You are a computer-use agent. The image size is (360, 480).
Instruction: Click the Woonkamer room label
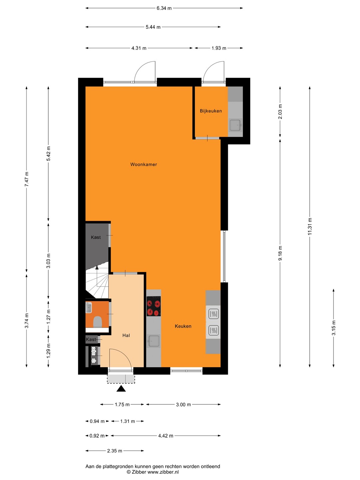pos(144,164)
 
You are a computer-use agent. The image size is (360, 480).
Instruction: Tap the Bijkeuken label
pos(211,111)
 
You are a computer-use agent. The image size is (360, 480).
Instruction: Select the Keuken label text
pos(183,326)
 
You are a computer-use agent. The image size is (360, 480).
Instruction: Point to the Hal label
pos(126,335)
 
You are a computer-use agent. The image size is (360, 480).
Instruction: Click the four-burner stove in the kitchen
pos(153,306)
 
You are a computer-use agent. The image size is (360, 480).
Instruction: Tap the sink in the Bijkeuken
pos(235,125)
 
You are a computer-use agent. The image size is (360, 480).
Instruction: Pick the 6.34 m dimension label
pos(164,8)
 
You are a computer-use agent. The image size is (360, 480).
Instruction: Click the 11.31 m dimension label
pos(310,227)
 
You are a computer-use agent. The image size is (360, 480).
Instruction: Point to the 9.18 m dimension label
pos(280,253)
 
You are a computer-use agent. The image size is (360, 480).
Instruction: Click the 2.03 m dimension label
pos(280,112)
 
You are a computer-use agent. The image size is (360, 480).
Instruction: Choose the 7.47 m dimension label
pos(26,179)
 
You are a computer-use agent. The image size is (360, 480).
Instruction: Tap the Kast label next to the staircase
pos(96,237)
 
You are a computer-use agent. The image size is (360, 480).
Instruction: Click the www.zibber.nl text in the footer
pos(163,472)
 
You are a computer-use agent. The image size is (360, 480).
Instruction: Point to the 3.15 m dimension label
pos(334,328)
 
